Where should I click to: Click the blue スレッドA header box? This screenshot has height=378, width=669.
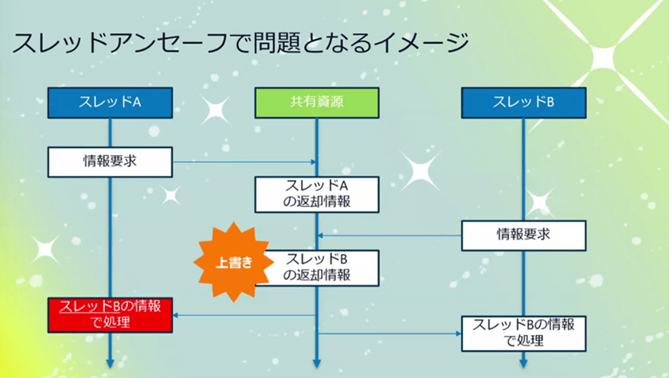tap(109, 102)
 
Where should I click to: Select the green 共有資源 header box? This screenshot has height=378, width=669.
tap(317, 102)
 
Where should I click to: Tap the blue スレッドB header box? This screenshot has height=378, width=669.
tap(524, 102)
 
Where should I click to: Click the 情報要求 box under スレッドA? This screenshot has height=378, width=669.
tap(110, 162)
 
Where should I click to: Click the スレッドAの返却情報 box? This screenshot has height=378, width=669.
tap(317, 194)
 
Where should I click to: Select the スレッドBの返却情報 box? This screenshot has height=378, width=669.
tap(317, 267)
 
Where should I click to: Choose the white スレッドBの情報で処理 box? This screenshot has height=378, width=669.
tap(524, 333)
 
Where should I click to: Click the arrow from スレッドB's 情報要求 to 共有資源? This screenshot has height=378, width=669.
tap(390, 235)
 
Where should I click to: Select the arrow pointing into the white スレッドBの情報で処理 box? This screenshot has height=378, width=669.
tap(390, 333)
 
